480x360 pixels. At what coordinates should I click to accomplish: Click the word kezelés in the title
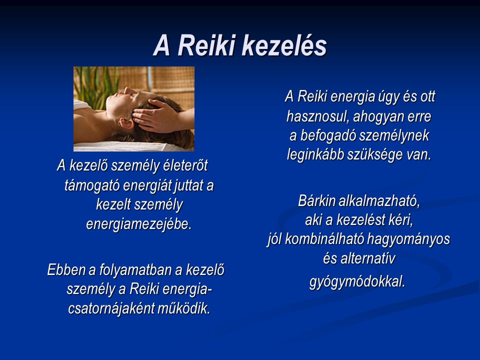click(284, 45)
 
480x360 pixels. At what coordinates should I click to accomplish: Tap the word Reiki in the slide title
click(206, 45)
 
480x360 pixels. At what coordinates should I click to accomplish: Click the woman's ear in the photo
click(126, 123)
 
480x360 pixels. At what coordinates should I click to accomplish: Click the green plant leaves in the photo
click(95, 85)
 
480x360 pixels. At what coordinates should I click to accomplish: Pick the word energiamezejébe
click(139, 224)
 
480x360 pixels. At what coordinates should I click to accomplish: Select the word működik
click(184, 308)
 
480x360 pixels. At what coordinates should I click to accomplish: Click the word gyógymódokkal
click(357, 281)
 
